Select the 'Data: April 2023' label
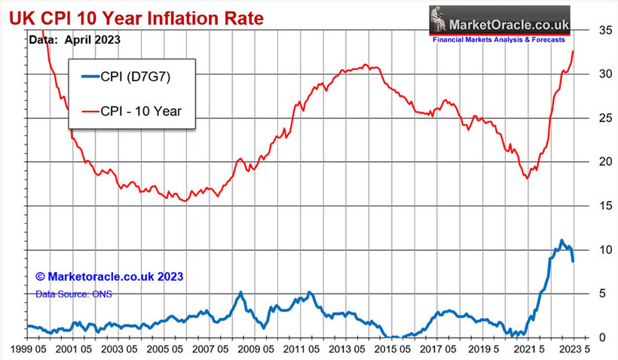[75, 38]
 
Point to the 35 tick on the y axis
[585, 31]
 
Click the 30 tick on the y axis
[585, 75]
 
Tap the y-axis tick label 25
[585, 118]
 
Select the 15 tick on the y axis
[585, 206]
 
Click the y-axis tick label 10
[585, 249]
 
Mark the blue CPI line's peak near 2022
[561, 240]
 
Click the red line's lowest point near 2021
[527, 178]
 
